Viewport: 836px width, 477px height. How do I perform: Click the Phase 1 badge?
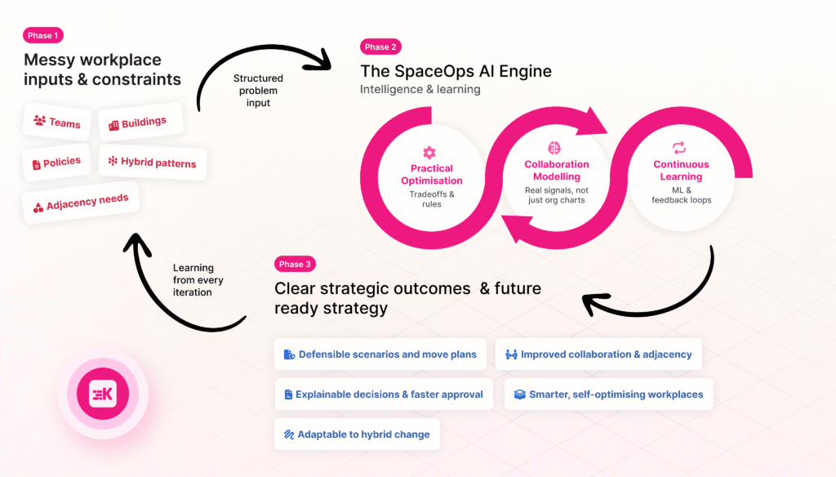43,36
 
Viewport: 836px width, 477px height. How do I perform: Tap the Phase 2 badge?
380,47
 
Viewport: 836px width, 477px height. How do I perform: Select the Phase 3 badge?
295,264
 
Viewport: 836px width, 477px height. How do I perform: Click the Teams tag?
57,123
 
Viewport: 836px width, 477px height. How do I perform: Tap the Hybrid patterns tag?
153,163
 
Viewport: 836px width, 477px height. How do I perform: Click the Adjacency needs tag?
81,203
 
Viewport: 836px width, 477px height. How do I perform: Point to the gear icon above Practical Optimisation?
429,152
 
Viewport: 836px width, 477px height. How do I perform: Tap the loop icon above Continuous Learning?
679,148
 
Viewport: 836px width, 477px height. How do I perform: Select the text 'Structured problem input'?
258,90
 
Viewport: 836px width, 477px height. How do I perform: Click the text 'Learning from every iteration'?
193,279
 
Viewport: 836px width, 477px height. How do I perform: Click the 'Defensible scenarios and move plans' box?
381,354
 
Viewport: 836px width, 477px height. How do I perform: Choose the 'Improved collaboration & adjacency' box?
598,354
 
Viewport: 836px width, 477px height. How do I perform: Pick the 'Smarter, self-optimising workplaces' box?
609,395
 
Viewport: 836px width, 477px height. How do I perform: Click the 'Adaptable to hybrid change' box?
357,435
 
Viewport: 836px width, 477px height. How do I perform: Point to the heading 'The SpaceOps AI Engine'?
456,71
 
